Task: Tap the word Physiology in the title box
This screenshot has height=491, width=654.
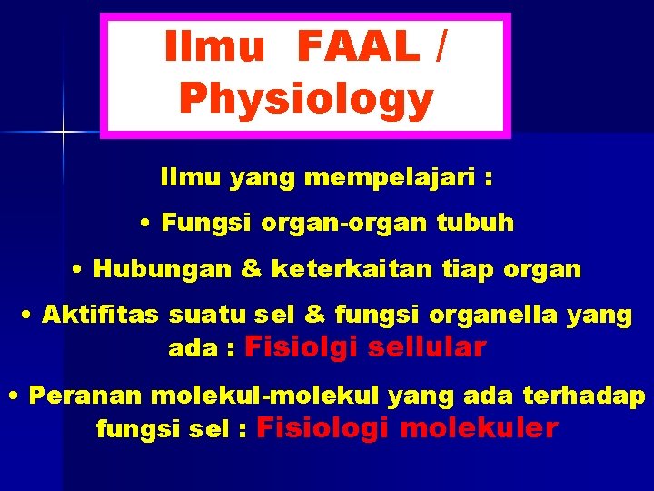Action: click(x=306, y=99)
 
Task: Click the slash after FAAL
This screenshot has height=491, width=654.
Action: click(x=440, y=47)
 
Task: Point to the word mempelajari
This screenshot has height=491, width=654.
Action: click(x=391, y=178)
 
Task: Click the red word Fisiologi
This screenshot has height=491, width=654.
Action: click(x=324, y=427)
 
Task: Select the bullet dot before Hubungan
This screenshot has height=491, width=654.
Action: click(x=79, y=270)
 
